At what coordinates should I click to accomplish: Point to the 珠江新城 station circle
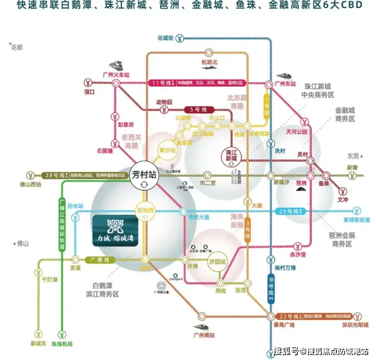point(234,155)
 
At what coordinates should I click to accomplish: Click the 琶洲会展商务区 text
point(339,239)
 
